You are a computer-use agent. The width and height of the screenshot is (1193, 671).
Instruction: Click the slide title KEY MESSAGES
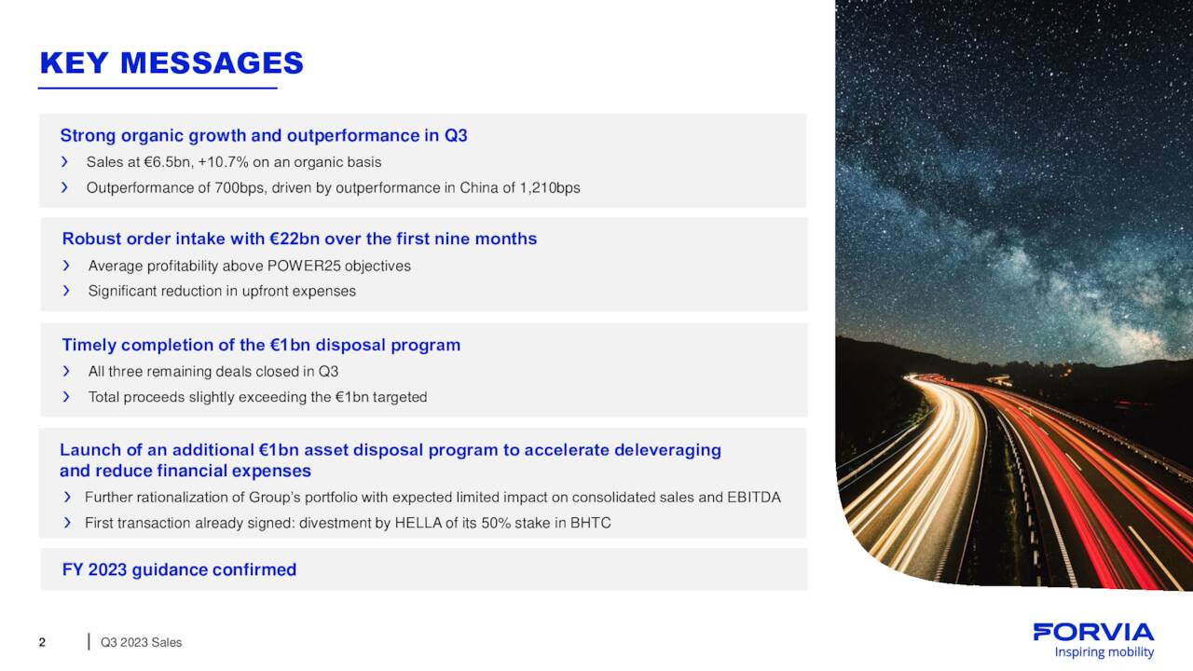click(171, 63)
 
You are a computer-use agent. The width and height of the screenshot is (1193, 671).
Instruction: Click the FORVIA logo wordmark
click(1093, 633)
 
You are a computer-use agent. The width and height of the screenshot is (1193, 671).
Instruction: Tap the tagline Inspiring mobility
click(1104, 652)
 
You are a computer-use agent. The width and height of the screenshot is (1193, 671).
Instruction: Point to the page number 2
click(42, 642)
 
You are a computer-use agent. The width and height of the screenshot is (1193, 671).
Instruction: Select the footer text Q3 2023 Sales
click(141, 642)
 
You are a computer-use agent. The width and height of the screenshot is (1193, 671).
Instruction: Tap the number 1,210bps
click(550, 187)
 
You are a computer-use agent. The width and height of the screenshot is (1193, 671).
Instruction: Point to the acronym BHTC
click(591, 523)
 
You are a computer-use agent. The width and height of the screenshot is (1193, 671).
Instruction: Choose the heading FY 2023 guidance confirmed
click(179, 569)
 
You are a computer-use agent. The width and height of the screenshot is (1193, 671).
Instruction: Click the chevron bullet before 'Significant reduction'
click(66, 291)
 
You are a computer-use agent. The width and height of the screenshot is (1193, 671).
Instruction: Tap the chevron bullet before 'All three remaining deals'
click(66, 371)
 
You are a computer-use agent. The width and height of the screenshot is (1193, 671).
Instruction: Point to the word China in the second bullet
click(479, 187)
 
